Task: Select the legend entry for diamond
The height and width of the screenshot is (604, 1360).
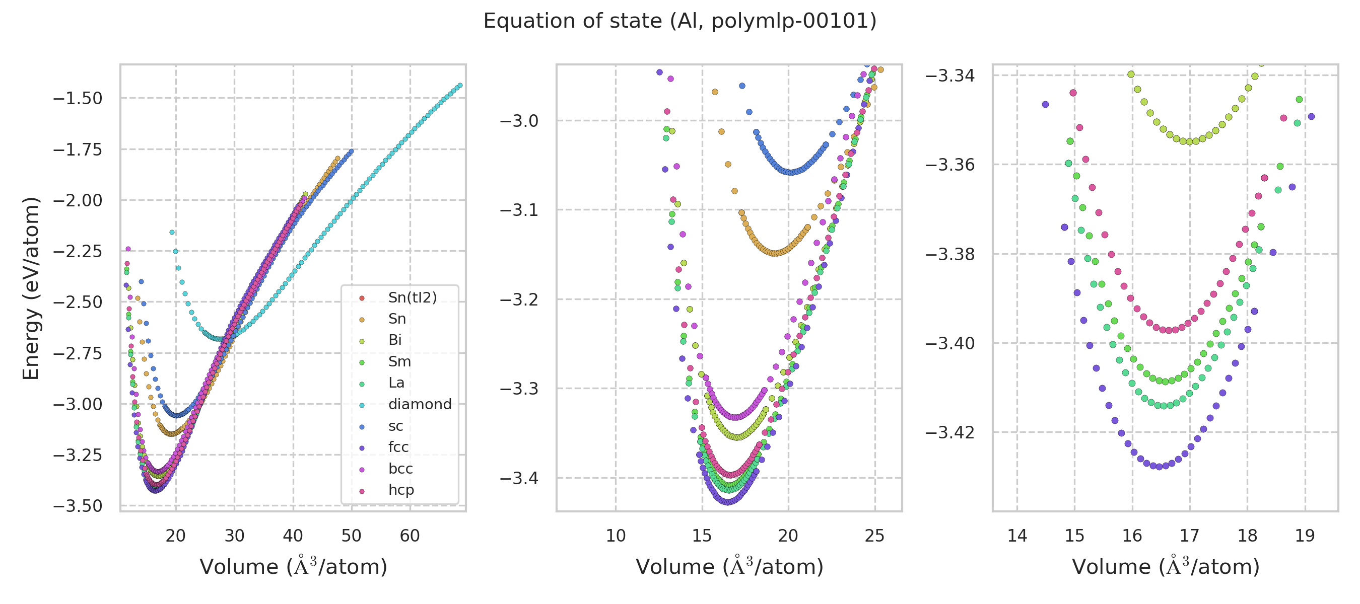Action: coord(420,404)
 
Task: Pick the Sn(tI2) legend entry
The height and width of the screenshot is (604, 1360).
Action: coord(413,297)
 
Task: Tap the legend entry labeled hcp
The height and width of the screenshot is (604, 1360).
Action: coord(401,490)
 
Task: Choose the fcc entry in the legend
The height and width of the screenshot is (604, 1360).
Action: coord(398,447)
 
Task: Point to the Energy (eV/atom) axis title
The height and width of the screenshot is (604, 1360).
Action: coord(31,288)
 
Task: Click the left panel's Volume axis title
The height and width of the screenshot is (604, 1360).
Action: coord(293,567)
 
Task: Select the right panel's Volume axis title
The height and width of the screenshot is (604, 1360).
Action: coord(1165,567)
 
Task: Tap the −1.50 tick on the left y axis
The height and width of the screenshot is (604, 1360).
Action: coord(78,99)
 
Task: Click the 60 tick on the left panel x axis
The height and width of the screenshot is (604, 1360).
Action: coord(410,536)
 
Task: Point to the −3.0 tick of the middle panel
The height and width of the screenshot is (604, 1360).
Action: coord(519,121)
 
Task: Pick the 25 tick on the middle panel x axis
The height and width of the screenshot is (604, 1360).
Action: coord(874,536)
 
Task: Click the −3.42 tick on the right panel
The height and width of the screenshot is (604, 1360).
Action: coord(950,432)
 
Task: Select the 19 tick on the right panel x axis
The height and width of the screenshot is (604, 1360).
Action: coord(1305,536)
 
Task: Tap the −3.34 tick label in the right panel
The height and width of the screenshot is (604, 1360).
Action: coord(950,75)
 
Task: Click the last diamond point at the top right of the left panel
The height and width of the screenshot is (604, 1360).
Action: coord(460,86)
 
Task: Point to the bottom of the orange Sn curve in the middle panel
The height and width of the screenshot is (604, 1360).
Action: coord(774,253)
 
